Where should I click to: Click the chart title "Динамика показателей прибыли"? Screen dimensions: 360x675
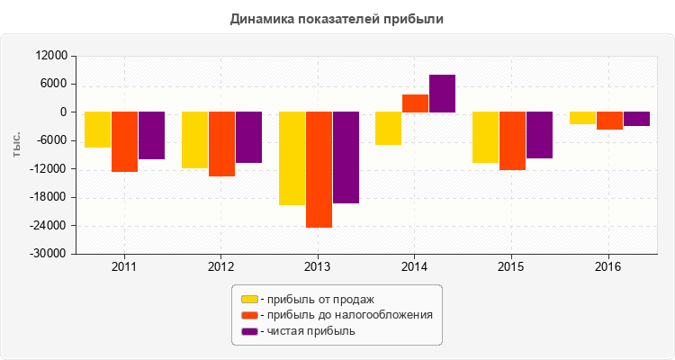tap(337, 18)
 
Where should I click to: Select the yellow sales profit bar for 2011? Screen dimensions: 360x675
tap(98, 130)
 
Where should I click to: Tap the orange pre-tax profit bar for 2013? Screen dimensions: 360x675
tap(319, 169)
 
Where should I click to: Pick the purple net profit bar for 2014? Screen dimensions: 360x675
tap(442, 94)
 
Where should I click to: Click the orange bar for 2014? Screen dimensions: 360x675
tap(415, 103)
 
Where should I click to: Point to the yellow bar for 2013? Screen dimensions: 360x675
tap(292, 158)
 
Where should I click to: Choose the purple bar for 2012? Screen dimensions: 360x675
tap(248, 137)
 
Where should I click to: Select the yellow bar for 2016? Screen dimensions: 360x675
tap(582, 118)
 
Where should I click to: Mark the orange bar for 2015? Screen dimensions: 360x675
tap(512, 140)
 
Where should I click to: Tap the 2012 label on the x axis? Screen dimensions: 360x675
tap(221, 267)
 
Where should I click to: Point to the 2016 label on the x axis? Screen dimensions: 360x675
tap(608, 267)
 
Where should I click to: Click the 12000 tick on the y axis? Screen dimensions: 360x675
tap(52, 56)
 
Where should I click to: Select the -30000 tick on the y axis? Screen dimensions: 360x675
tap(50, 254)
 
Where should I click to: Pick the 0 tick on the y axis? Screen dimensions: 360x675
tap(64, 112)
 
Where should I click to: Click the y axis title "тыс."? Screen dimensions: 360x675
tap(17, 144)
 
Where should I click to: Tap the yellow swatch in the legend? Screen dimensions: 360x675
tap(248, 299)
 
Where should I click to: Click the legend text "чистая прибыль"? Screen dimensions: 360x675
tap(310, 331)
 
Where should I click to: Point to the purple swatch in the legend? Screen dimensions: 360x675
tap(248, 331)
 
